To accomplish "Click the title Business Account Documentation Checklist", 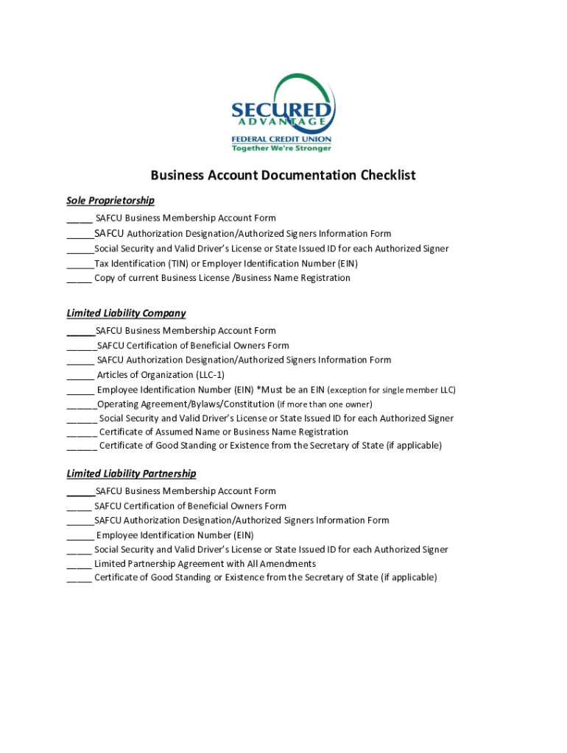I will click(x=283, y=175).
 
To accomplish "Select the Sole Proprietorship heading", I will click(x=110, y=201).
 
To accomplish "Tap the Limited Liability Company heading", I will click(x=126, y=313).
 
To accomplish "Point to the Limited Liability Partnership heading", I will click(x=131, y=474).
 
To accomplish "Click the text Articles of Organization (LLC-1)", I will click(x=161, y=375).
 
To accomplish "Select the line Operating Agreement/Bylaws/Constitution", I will click(x=186, y=404).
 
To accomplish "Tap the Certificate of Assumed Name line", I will click(x=224, y=432).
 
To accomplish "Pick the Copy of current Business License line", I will click(x=222, y=279).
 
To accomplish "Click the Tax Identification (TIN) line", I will click(x=226, y=264).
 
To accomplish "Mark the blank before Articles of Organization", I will click(x=80, y=376).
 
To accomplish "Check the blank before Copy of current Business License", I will click(x=79, y=279).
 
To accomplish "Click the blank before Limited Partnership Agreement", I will click(x=79, y=565).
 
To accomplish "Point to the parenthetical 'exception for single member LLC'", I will click(x=391, y=390).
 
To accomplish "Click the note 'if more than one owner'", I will click(x=325, y=404).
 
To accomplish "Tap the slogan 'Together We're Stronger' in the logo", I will click(x=282, y=148).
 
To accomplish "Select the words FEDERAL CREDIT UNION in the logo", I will click(x=282, y=139).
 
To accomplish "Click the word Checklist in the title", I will click(x=388, y=175).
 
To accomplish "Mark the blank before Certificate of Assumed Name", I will click(x=81, y=433).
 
